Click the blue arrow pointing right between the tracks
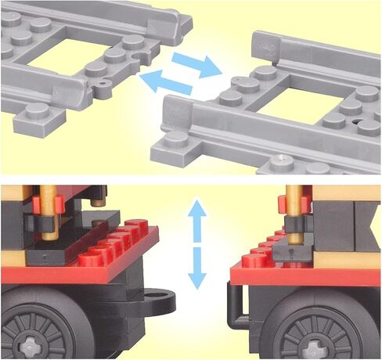pyautogui.click(x=198, y=65)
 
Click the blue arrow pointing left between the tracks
pyautogui.click(x=166, y=81)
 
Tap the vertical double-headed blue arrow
pyautogui.click(x=197, y=243)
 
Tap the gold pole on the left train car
pyautogui.click(x=49, y=211)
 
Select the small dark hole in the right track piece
pyautogui.click(x=357, y=123)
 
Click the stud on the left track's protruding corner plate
pyautogui.click(x=35, y=110)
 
